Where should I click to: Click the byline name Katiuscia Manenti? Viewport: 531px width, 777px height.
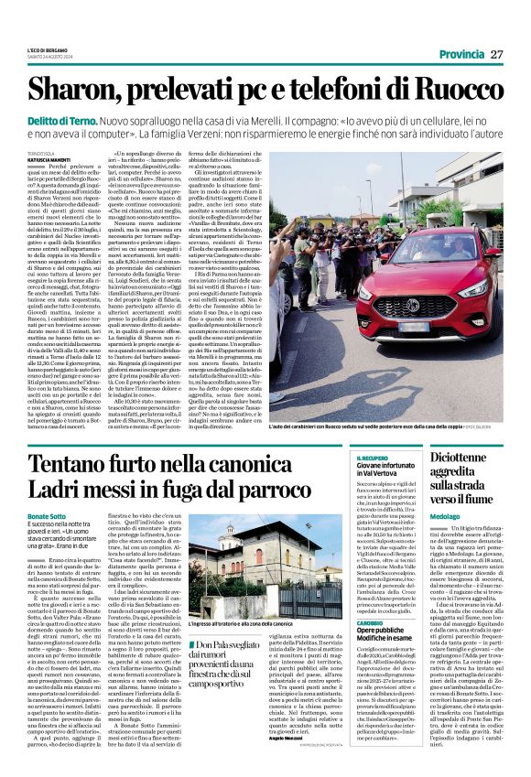point(49,162)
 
